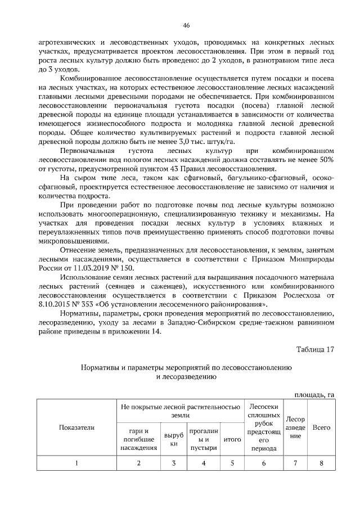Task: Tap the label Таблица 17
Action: tap(315, 349)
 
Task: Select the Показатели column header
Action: tap(76, 427)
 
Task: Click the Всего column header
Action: tap(321, 427)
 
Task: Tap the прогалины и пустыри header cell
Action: tap(204, 439)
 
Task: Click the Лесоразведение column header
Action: tap(295, 427)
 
